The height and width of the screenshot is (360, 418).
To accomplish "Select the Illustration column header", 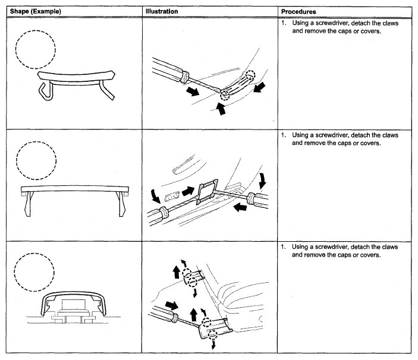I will coord(161,11).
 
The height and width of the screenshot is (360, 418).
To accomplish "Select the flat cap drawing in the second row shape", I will coord(75,194).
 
